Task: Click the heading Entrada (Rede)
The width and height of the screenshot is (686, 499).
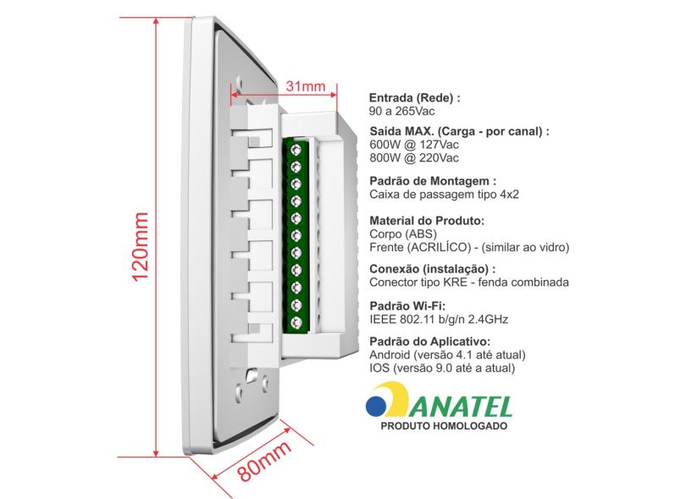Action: pyautogui.click(x=414, y=98)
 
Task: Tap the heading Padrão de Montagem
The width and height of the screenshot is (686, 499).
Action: pyautogui.click(x=432, y=181)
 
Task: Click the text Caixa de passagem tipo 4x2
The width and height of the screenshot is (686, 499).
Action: pyautogui.click(x=444, y=195)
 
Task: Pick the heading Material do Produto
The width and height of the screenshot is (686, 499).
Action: pyautogui.click(x=427, y=221)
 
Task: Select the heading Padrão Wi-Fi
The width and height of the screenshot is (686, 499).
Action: pyautogui.click(x=407, y=305)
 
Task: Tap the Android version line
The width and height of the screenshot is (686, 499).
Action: pyautogui.click(x=448, y=355)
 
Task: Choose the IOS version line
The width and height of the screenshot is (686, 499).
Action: pyautogui.click(x=443, y=369)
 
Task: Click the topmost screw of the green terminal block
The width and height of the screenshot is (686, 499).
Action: pyautogui.click(x=297, y=150)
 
